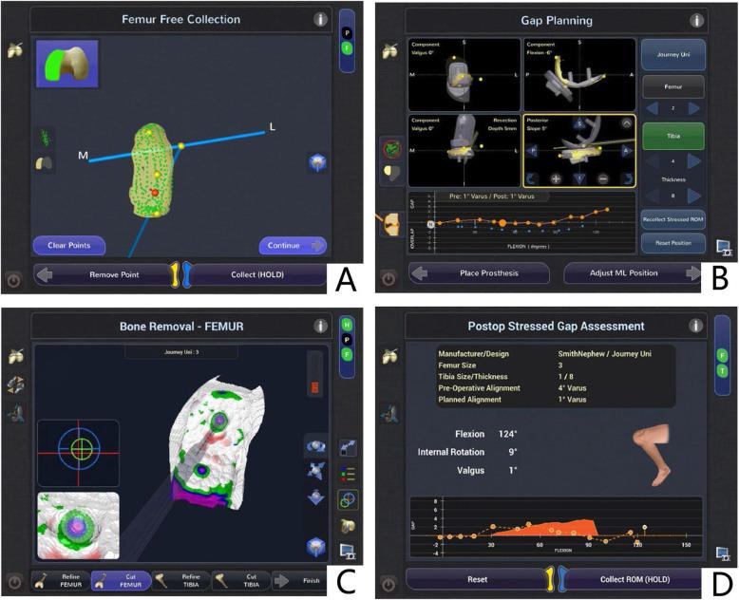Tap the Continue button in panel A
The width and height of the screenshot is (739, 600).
292,245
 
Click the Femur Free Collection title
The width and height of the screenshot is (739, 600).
180,19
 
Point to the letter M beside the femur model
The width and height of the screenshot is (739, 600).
84,155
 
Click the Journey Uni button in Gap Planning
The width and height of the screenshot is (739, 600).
673,54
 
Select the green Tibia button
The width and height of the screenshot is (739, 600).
673,137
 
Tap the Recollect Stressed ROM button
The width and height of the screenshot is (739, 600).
673,217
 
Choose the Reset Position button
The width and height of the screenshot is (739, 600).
673,243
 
